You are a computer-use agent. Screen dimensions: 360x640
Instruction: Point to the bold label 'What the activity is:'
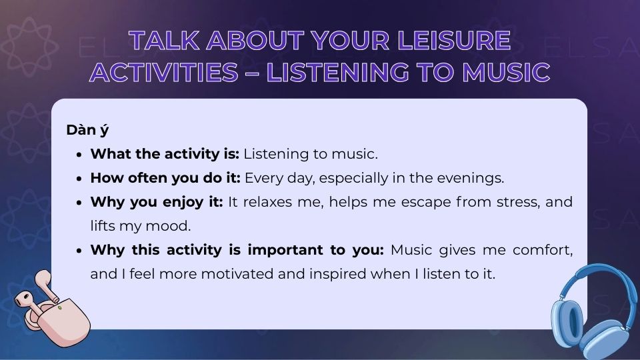click(x=165, y=154)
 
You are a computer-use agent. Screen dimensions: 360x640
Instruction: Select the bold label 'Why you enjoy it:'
click(x=157, y=202)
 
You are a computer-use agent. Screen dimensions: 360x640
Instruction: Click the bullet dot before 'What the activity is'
click(x=79, y=155)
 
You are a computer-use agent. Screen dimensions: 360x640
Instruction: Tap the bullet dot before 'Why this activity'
click(x=79, y=251)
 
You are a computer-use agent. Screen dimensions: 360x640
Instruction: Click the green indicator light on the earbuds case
click(x=60, y=307)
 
